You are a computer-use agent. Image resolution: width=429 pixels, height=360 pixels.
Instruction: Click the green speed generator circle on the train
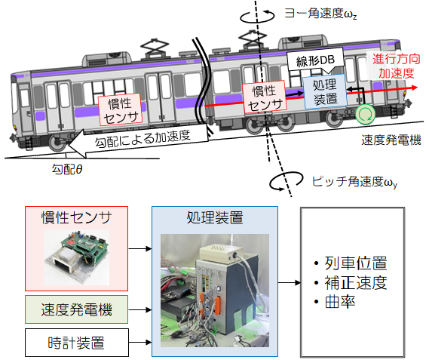click(365, 114)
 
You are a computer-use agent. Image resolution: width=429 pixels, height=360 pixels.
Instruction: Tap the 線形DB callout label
click(315, 61)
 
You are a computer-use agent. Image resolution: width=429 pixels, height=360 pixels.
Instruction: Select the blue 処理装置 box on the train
click(325, 91)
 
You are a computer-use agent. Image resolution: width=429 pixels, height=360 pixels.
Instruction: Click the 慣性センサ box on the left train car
click(120, 109)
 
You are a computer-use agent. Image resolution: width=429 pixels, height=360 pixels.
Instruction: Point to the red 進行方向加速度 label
click(396, 66)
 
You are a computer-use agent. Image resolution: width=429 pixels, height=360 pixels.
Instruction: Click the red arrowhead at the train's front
click(414, 88)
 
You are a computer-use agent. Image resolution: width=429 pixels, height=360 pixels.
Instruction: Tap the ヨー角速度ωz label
click(320, 14)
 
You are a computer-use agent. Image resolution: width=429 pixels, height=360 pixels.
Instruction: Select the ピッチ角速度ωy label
click(354, 182)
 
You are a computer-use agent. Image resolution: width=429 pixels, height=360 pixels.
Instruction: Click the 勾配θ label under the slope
click(67, 169)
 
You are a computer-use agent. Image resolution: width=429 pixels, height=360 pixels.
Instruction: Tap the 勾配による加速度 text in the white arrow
click(142, 139)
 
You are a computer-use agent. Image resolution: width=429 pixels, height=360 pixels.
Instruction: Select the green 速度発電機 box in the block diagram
click(76, 309)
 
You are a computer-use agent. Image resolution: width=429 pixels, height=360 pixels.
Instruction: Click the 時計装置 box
click(77, 343)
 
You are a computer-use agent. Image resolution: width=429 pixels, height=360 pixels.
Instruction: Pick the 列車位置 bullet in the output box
click(351, 263)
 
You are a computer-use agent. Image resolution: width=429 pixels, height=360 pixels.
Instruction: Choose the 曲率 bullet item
click(335, 302)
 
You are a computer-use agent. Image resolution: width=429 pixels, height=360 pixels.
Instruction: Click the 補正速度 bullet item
click(351, 282)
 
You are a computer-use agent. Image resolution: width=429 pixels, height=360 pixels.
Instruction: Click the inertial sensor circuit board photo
click(76, 257)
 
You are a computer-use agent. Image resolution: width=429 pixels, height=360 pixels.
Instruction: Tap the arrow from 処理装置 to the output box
click(290, 282)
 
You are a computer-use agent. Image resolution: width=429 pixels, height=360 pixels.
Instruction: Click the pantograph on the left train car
click(155, 49)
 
